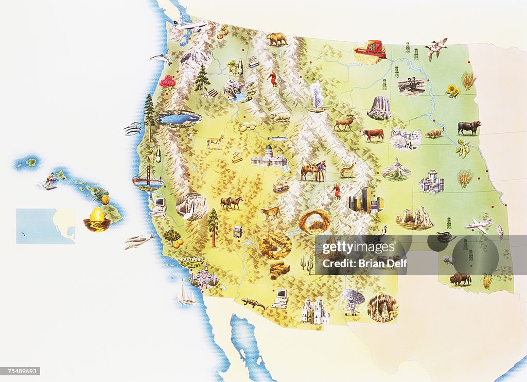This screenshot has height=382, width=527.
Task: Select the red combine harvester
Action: pyautogui.click(x=370, y=50)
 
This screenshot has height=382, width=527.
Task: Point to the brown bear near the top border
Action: pyautogui.click(x=276, y=38)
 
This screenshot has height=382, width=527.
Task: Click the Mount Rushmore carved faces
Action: pyautogui.click(x=405, y=138)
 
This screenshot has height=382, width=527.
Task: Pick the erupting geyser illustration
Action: pyautogui.click(x=315, y=96)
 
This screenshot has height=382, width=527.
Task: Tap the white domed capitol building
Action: pyautogui.click(x=269, y=157)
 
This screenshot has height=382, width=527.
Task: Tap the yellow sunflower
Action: pyautogui.click(x=453, y=91)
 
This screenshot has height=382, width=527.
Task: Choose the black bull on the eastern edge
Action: pyautogui.click(x=469, y=127)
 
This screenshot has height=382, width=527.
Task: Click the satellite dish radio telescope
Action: pyautogui.click(x=353, y=300)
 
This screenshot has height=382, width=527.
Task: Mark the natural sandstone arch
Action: pyautogui.click(x=314, y=221)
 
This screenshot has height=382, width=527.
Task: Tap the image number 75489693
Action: pyautogui.click(x=21, y=371)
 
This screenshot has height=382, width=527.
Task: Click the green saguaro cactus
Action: pyautogui.click(x=307, y=264)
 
